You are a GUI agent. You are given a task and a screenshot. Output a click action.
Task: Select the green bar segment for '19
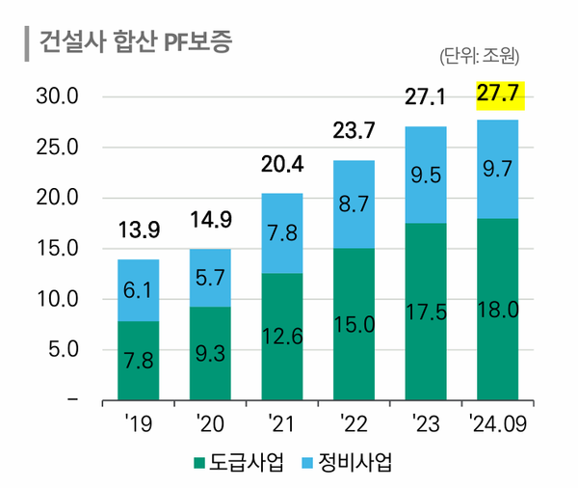[139, 360]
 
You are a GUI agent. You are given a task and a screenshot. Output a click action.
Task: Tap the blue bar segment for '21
[282, 233]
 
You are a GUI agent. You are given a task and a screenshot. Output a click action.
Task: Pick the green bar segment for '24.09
[498, 309]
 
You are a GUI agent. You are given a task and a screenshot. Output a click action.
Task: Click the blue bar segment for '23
[427, 175]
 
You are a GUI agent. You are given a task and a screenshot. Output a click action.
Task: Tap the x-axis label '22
[355, 422]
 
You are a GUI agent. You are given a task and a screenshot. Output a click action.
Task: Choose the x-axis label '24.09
[497, 422]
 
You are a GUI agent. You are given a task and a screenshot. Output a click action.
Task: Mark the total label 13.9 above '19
[139, 230]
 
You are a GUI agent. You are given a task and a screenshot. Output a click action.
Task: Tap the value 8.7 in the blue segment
[355, 203]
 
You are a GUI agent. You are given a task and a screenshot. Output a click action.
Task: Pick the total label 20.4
[282, 165]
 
